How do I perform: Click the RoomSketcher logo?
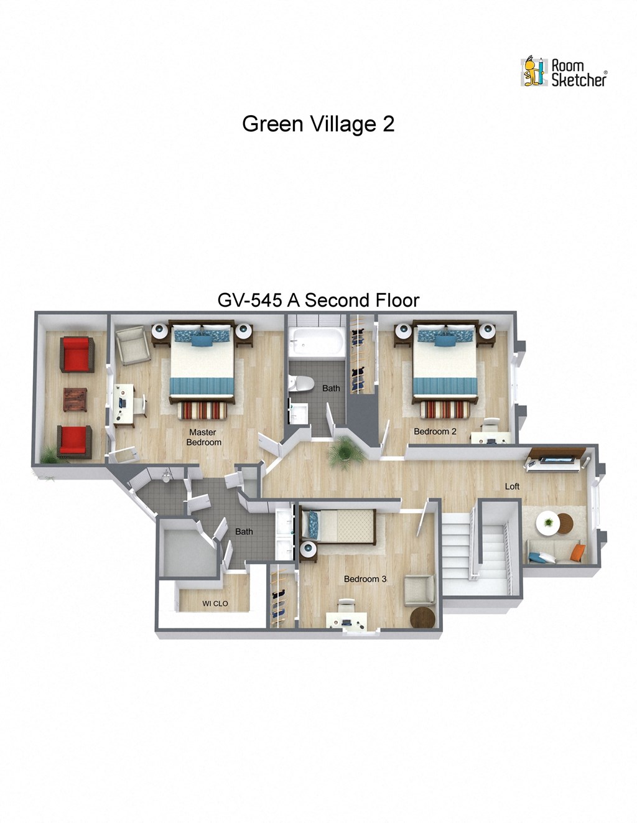click(564, 72)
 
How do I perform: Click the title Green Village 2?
click(318, 124)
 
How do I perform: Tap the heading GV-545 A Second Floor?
click(318, 300)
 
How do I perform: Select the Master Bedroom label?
click(203, 437)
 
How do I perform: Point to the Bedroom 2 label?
click(435, 431)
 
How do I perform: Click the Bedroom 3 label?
click(365, 579)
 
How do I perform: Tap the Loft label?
click(512, 486)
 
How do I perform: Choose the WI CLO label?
click(215, 603)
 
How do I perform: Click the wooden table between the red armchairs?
click(76, 399)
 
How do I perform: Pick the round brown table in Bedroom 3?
click(424, 618)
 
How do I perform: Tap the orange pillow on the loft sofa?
click(577, 552)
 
